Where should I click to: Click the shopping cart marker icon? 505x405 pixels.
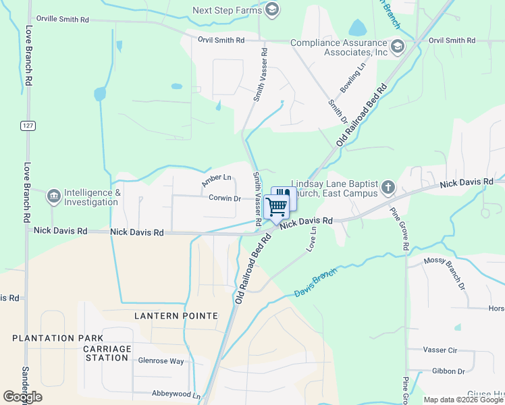click(275, 206)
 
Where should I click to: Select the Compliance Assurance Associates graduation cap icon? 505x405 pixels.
click(398, 47)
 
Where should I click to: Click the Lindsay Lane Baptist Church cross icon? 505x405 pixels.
click(388, 187)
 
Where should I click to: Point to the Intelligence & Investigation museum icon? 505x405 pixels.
click(53, 196)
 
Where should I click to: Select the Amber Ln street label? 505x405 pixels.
click(216, 181)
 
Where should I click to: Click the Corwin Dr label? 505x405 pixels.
click(225, 198)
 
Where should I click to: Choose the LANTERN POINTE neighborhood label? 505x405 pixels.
click(176, 316)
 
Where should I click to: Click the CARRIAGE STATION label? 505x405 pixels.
click(107, 353)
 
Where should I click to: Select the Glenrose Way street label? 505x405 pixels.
click(161, 361)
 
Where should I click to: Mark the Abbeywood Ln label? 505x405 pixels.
click(176, 395)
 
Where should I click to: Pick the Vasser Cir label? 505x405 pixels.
click(440, 350)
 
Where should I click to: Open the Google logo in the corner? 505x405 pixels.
click(22, 397)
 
